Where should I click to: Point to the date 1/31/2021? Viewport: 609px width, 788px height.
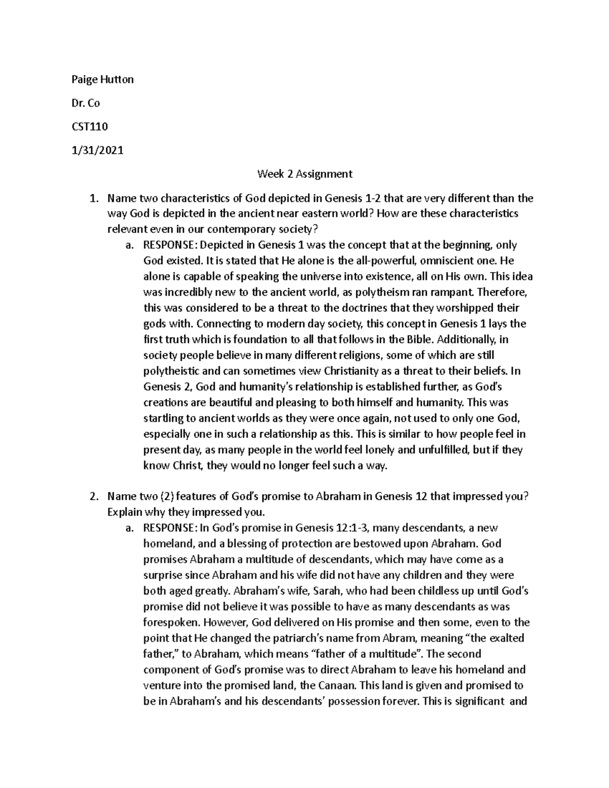tap(96, 151)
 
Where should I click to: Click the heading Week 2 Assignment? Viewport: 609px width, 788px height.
tap(304, 174)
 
